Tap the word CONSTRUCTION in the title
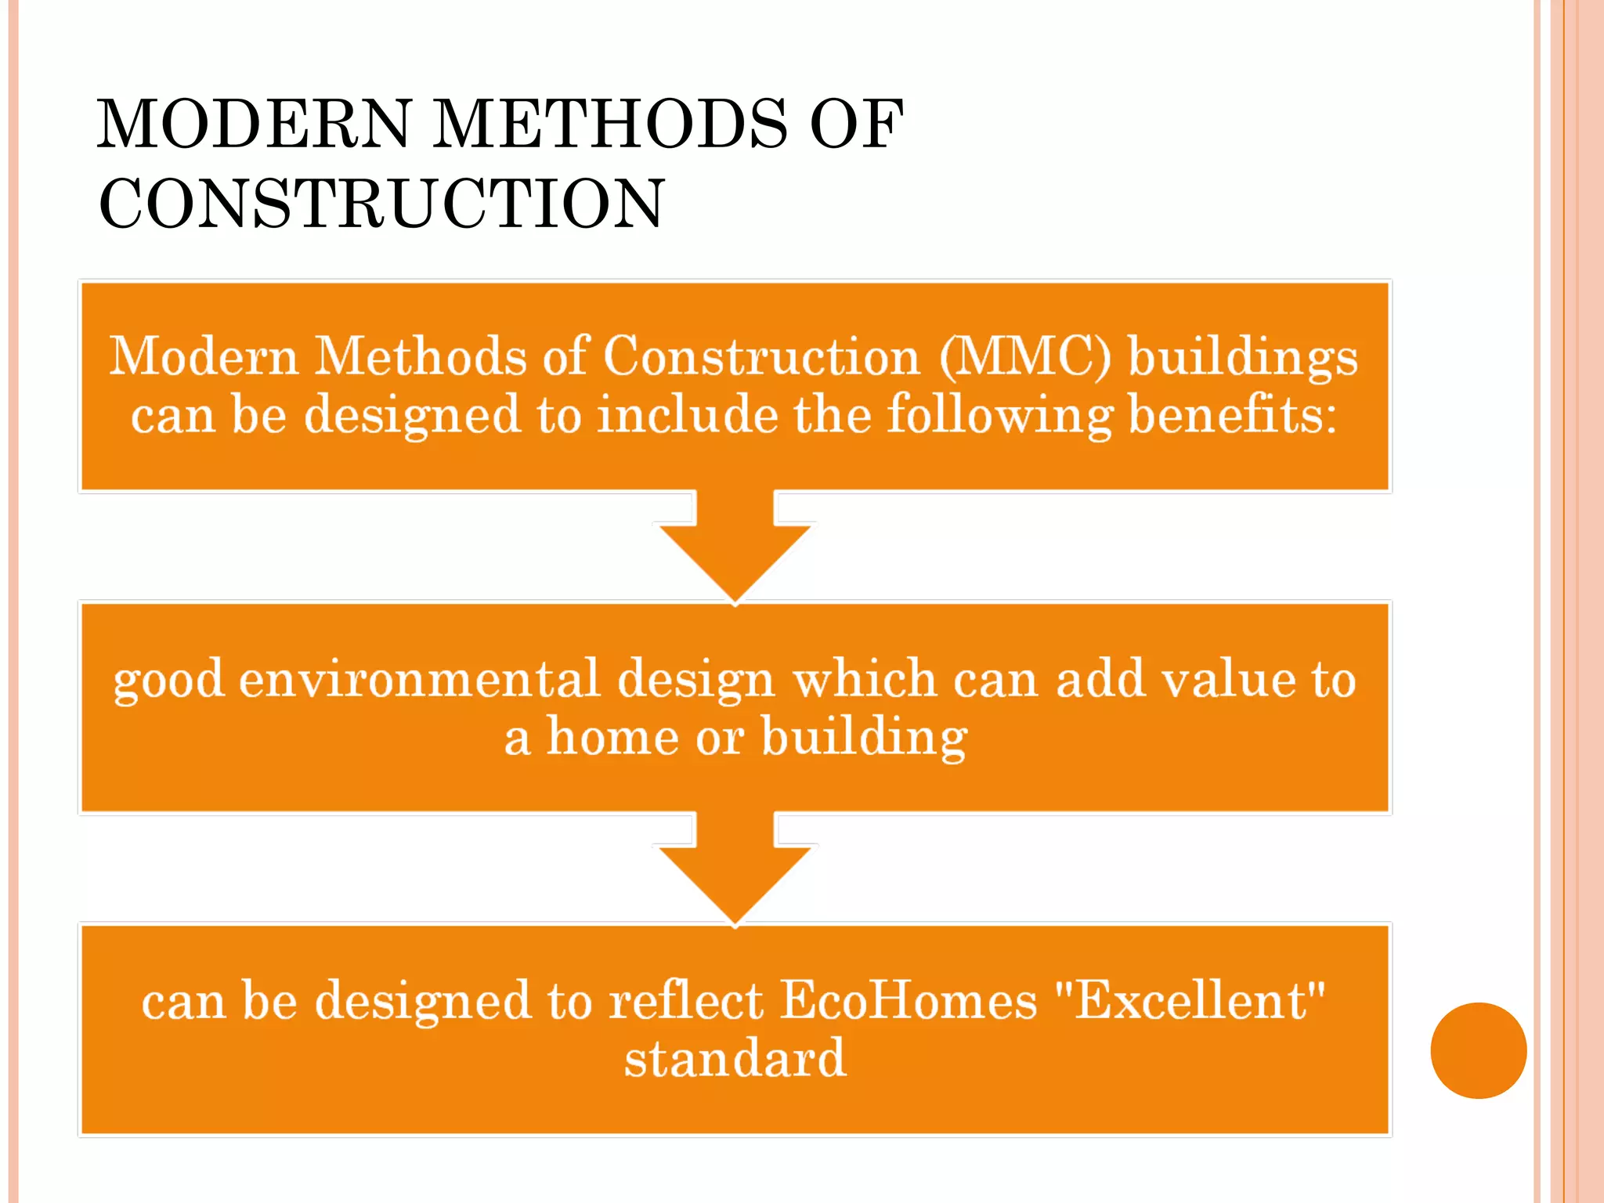pyautogui.click(x=382, y=204)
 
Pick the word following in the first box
pyautogui.click(x=999, y=415)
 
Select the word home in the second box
pyautogui.click(x=612, y=737)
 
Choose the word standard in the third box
pyautogui.click(x=735, y=1058)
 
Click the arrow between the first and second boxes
pyautogui.click(x=735, y=548)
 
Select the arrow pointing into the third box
pyautogui.click(x=735, y=869)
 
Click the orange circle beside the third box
pyautogui.click(x=1478, y=1050)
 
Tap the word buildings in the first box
pyautogui.click(x=1243, y=357)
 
